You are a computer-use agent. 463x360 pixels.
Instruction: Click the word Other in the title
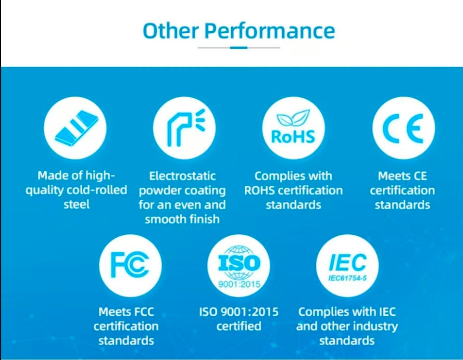tap(171, 30)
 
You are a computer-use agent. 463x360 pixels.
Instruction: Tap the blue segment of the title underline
tap(238, 48)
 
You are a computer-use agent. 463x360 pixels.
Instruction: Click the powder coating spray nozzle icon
tap(186, 128)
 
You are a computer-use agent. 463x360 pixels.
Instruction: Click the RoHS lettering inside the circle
tap(293, 137)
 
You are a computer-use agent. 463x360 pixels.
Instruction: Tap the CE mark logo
tap(403, 128)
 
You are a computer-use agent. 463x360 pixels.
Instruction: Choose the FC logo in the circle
tap(130, 265)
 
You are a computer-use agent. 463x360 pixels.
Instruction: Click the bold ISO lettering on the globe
tap(239, 263)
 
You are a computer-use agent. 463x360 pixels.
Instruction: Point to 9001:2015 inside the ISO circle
tap(239, 284)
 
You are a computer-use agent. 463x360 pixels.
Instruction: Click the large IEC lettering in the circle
tap(348, 262)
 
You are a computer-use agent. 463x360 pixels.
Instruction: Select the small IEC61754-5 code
tap(347, 278)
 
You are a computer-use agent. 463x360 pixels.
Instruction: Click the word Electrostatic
tap(182, 176)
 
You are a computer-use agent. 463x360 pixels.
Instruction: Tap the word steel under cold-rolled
tap(76, 204)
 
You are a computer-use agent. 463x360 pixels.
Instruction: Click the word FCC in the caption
tap(144, 312)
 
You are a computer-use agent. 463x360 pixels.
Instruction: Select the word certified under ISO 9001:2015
tap(238, 326)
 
